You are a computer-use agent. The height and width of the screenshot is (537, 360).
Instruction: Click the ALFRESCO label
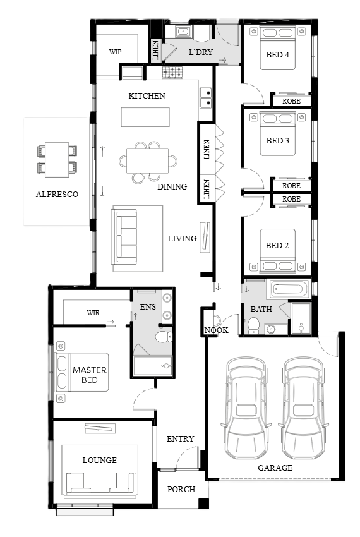pyautogui.click(x=57, y=194)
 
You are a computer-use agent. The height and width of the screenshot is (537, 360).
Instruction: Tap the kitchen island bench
pyautogui.click(x=145, y=117)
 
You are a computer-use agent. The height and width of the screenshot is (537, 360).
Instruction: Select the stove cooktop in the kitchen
pyautogui.click(x=172, y=73)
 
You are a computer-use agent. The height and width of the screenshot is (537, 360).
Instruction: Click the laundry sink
pyautogui.click(x=183, y=32)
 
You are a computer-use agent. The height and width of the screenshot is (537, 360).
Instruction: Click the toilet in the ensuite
pyautogui.click(x=164, y=337)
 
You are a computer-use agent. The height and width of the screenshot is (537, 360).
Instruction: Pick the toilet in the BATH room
pyautogui.click(x=253, y=325)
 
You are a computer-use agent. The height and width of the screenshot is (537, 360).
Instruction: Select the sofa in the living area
pyautogui.click(x=124, y=237)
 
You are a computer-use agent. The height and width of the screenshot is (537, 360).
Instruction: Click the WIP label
pyautogui.click(x=115, y=52)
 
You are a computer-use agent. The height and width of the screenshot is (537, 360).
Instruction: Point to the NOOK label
pyautogui.click(x=216, y=330)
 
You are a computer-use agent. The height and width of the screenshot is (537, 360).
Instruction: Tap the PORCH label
pyautogui.click(x=181, y=490)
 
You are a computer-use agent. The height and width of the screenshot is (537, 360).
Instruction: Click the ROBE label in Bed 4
pyautogui.click(x=291, y=101)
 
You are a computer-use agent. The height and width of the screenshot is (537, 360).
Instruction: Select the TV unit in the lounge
pyautogui.click(x=100, y=428)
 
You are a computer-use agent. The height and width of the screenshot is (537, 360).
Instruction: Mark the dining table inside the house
pyautogui.click(x=147, y=161)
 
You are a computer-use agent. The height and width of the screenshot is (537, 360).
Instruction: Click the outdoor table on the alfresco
pyautogui.click(x=57, y=160)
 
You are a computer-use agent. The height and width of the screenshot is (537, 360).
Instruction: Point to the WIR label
pyautogui.click(x=93, y=313)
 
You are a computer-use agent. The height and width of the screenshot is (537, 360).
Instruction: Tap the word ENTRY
pyautogui.click(x=180, y=438)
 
